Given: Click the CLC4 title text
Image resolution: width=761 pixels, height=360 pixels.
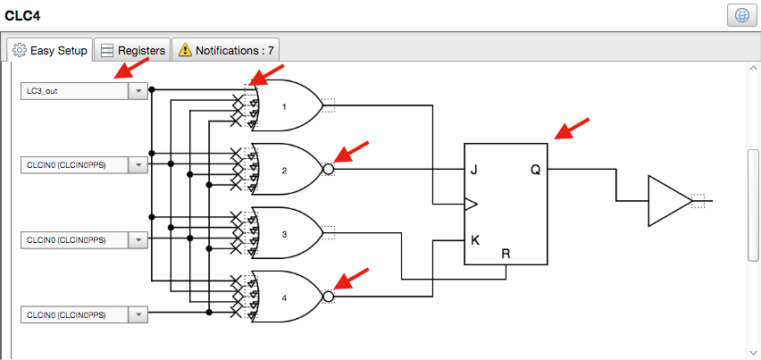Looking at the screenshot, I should click(x=23, y=15).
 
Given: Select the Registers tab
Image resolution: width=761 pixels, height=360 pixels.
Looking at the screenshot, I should click(x=132, y=51).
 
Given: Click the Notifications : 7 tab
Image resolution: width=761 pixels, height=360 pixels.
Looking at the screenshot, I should click(x=225, y=51).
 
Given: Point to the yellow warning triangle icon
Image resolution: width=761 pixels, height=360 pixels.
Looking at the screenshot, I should click(x=185, y=51).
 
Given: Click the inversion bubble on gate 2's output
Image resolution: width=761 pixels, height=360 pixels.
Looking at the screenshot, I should click(x=329, y=170).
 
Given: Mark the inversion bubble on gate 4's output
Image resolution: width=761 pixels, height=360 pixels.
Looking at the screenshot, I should click(x=329, y=297).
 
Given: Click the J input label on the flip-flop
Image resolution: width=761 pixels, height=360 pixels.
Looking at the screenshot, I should click(x=473, y=170).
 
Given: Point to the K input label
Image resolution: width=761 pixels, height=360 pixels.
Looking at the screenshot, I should click(x=473, y=240).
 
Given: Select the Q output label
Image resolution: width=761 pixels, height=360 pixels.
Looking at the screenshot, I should click(x=535, y=170).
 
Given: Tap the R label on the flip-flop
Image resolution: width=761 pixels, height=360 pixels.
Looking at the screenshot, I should click(x=506, y=254).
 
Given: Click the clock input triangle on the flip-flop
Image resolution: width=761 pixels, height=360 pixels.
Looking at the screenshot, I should click(x=471, y=205).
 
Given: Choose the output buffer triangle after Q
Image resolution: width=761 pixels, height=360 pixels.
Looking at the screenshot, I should click(x=666, y=202).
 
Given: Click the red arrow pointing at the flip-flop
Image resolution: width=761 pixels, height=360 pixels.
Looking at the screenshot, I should click(x=573, y=130).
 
